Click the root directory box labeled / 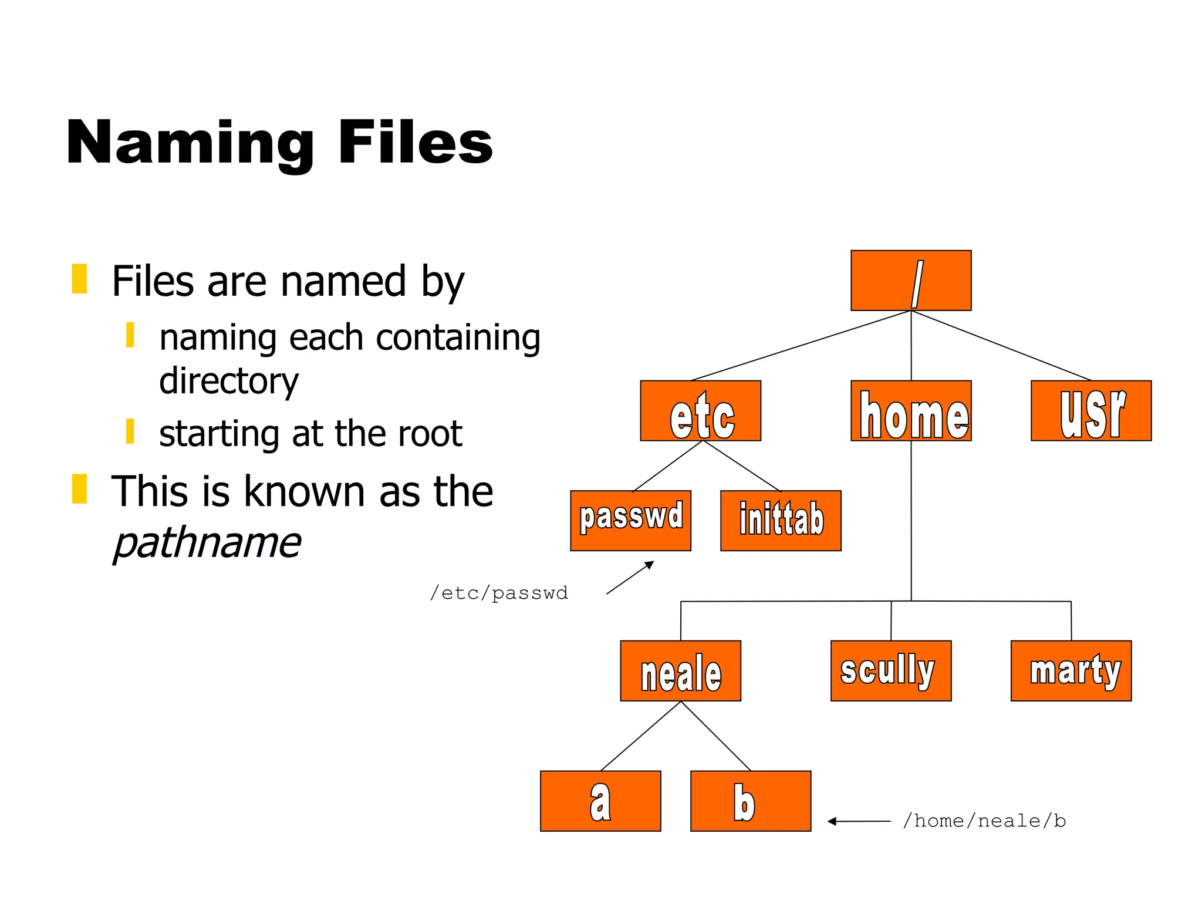(x=910, y=281)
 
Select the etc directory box (x=700, y=411)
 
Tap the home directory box (x=910, y=411)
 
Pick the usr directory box (x=1090, y=411)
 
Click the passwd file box (x=630, y=521)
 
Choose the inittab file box (x=781, y=521)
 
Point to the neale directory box (x=680, y=671)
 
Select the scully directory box (x=890, y=671)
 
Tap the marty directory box (x=1071, y=671)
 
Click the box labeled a (x=600, y=801)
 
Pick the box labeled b (x=750, y=801)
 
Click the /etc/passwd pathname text (x=499, y=593)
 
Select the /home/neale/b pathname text (x=984, y=821)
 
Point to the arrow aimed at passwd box (x=630, y=578)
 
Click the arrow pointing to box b (x=859, y=821)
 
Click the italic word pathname (x=207, y=543)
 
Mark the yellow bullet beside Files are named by (x=79, y=279)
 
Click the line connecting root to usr (x=1001, y=346)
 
